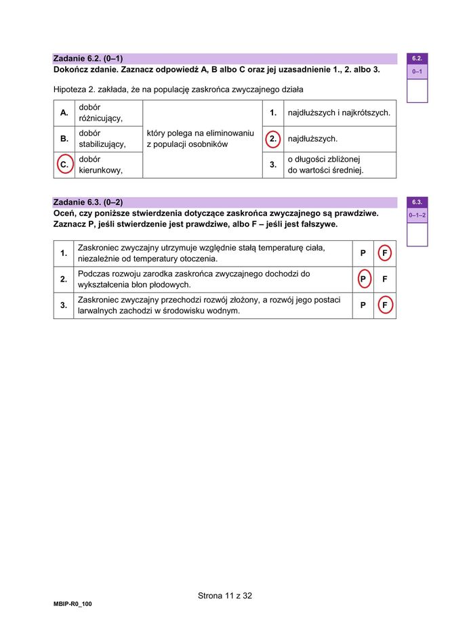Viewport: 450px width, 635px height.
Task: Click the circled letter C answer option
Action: tap(64, 165)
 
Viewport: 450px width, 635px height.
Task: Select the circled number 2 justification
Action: tap(272, 139)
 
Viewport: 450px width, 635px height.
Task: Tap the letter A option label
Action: tap(64, 113)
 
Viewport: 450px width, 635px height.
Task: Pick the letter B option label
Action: tap(64, 139)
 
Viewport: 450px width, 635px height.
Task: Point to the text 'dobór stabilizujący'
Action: tap(102, 139)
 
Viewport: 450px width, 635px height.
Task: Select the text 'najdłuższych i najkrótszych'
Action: tap(339, 112)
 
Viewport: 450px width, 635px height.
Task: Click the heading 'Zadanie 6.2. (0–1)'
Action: tap(88, 59)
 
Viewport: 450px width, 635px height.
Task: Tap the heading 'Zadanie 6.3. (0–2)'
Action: tap(88, 202)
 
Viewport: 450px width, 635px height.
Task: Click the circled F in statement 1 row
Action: tap(385, 253)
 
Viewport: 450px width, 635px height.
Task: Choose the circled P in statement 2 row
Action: tap(363, 279)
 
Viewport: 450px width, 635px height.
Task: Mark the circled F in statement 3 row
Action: tap(385, 305)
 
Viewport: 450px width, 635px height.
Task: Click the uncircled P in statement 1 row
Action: tap(363, 253)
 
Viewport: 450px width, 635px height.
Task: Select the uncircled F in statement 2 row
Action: tap(385, 279)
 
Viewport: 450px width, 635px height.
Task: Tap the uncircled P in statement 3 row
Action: tap(363, 305)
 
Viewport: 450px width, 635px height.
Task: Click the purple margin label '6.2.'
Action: tap(417, 59)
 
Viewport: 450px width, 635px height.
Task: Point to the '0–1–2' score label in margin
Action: tap(417, 215)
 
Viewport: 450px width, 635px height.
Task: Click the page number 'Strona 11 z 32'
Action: tap(225, 596)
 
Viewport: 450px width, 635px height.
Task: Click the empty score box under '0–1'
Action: tap(417, 90)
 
